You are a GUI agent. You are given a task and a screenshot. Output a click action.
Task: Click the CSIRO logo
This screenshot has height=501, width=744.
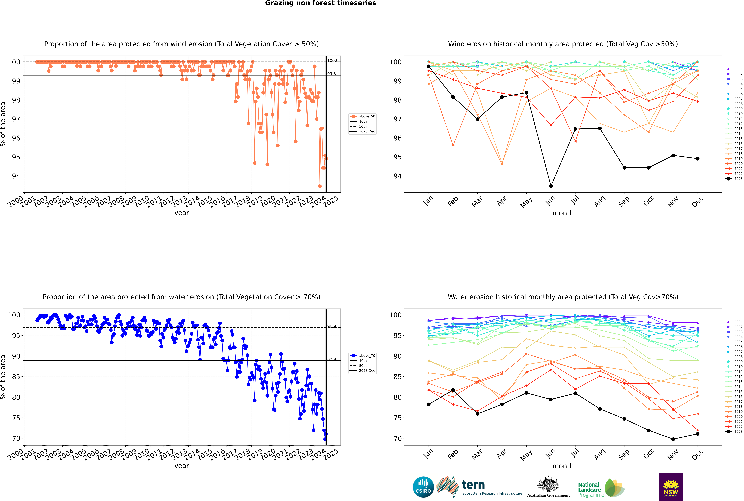[423, 487]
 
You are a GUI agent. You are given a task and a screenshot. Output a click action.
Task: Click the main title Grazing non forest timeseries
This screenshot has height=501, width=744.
[321, 3]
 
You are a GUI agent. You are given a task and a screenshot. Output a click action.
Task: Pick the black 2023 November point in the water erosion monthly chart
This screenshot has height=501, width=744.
[673, 439]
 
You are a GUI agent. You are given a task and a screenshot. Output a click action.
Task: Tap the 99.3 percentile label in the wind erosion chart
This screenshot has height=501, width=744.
[331, 74]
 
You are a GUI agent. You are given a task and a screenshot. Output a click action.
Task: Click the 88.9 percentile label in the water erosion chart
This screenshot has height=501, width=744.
[331, 359]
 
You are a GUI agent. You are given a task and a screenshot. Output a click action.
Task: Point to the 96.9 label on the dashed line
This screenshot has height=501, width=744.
[331, 326]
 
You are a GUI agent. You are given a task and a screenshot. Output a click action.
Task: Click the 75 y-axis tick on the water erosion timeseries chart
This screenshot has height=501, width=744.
[16, 418]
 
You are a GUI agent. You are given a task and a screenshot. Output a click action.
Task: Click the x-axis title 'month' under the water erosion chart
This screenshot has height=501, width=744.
[563, 466]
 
